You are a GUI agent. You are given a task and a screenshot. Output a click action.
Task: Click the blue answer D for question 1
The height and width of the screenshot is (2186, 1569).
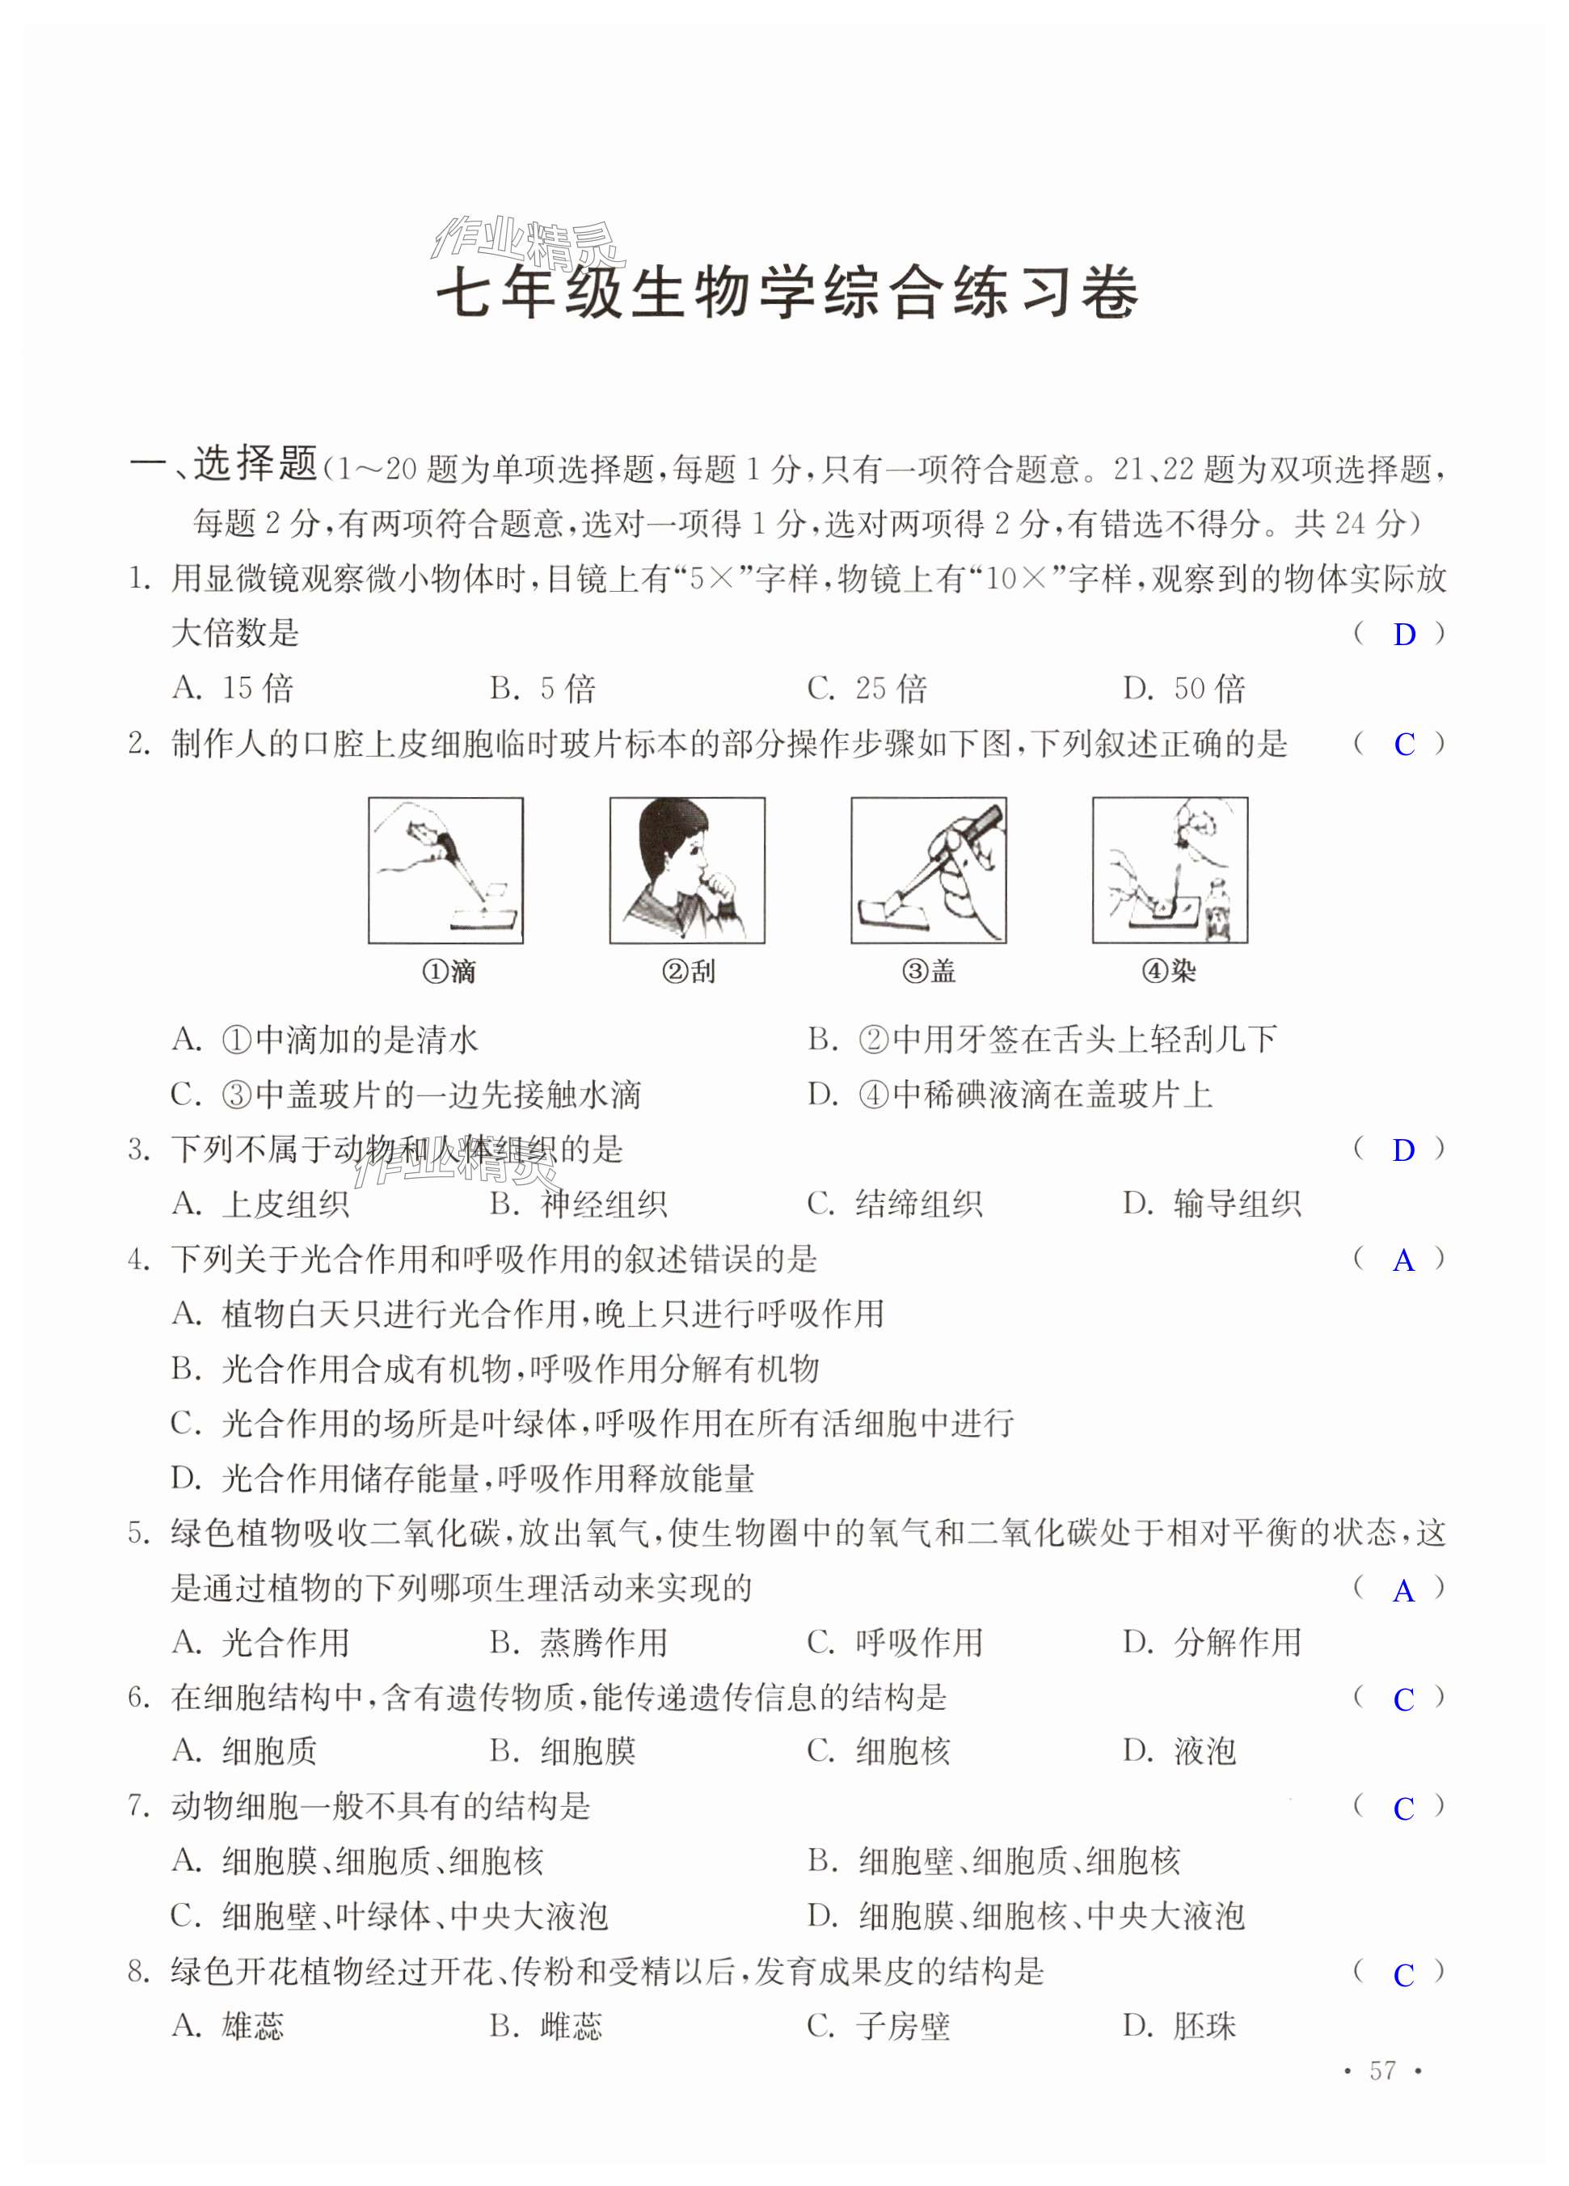(x=1404, y=634)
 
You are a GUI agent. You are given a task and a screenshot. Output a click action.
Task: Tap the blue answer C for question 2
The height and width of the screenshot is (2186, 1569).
(x=1404, y=744)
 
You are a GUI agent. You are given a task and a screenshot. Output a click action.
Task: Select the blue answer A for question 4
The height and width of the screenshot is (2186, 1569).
(x=1403, y=1260)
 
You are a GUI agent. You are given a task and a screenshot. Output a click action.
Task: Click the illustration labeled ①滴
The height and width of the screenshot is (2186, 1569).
(x=445, y=869)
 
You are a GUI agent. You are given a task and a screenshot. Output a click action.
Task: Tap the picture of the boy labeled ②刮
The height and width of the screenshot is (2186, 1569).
(x=686, y=869)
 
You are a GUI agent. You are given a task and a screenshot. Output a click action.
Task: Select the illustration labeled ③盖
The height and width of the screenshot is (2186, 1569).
(x=928, y=869)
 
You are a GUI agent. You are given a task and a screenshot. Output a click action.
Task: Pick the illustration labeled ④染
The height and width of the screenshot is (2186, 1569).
(x=1169, y=869)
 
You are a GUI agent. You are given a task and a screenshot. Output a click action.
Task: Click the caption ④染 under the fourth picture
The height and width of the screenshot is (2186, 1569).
(x=1168, y=971)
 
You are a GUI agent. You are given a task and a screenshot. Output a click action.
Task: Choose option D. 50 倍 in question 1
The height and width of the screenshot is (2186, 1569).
(x=1183, y=688)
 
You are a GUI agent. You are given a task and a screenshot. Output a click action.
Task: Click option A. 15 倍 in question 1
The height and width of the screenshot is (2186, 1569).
(x=232, y=688)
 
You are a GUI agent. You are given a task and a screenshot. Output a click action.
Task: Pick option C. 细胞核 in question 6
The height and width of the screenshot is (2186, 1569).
(x=878, y=1751)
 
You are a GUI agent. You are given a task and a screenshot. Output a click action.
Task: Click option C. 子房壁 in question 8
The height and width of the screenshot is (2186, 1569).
(x=878, y=2027)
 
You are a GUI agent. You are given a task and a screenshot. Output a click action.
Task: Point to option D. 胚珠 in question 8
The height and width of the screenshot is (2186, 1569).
(x=1179, y=2027)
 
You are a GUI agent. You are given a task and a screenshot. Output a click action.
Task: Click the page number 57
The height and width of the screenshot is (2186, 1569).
(x=1382, y=2070)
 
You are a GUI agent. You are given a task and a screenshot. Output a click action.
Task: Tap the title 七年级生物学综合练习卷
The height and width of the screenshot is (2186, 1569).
(x=787, y=292)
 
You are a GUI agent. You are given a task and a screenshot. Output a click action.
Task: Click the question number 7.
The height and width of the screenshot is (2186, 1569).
(x=137, y=1807)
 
